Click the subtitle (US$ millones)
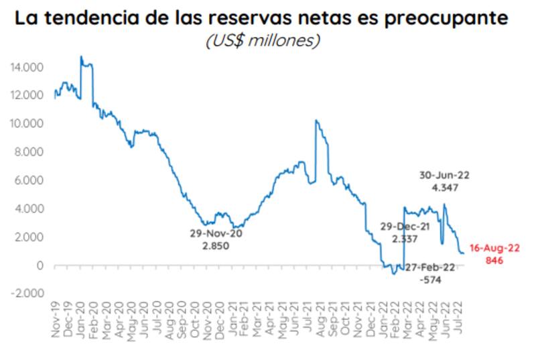point(263,40)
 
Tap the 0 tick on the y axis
point(40,265)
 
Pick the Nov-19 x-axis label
point(56,320)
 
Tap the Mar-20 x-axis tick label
point(106,320)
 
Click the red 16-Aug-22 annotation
point(494,248)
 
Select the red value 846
point(494,260)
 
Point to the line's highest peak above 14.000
point(80,57)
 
